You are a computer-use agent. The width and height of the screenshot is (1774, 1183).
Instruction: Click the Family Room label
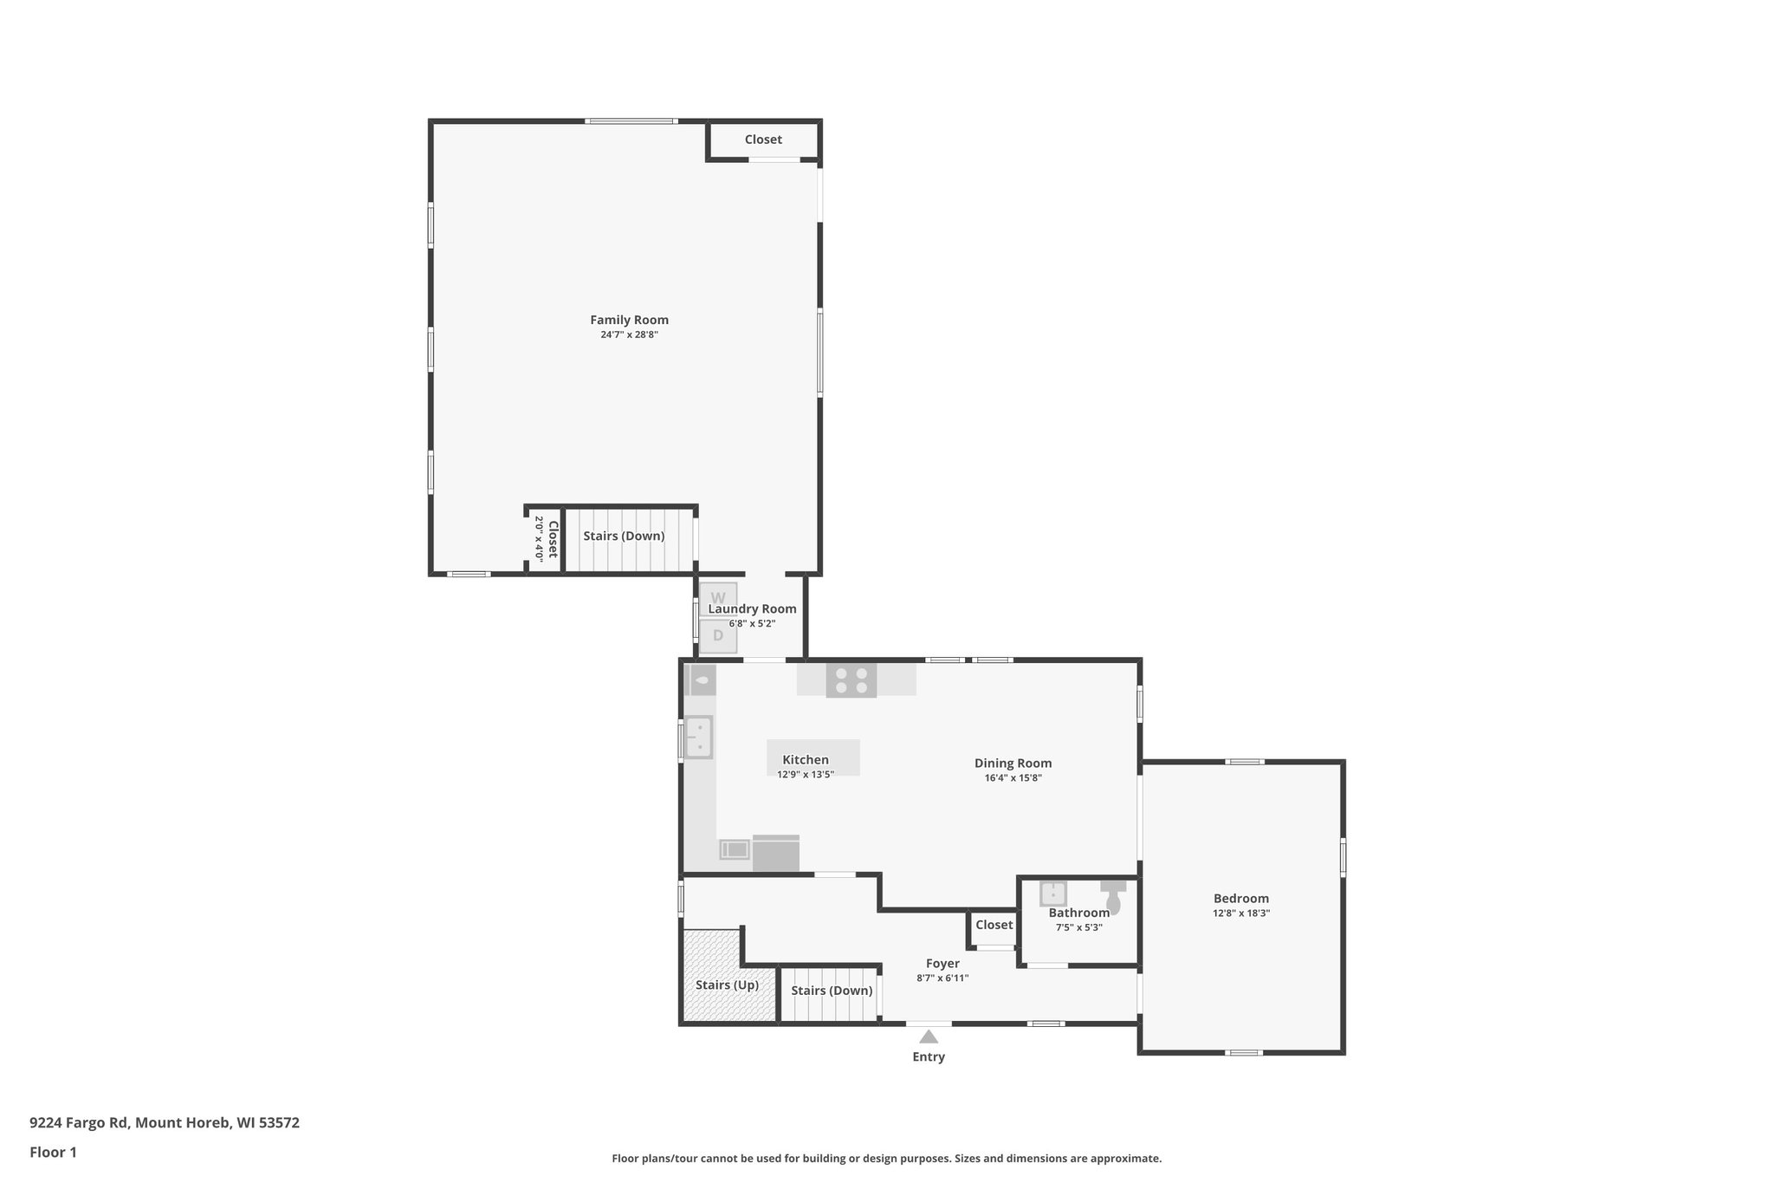point(629,320)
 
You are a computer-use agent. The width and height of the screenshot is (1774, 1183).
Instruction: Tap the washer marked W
point(718,597)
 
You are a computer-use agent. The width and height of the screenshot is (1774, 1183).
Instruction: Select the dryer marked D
point(718,636)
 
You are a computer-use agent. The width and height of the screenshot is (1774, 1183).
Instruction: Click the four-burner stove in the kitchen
point(851,679)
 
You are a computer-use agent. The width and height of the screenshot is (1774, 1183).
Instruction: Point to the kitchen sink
point(698,737)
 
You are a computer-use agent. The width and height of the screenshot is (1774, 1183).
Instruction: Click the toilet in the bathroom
point(1113,897)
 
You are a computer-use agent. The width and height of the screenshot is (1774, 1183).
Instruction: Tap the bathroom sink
point(1053,893)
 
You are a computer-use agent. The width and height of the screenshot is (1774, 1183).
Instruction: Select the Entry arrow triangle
point(929,1037)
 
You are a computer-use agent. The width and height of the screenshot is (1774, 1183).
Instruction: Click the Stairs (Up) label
point(727,985)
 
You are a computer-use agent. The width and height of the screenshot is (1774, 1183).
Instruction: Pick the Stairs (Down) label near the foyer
point(832,991)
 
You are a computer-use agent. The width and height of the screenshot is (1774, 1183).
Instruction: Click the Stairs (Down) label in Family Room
point(624,536)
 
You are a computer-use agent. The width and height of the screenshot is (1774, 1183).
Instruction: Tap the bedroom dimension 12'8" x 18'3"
point(1241,913)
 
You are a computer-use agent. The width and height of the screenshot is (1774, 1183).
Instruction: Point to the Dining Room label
point(1013,764)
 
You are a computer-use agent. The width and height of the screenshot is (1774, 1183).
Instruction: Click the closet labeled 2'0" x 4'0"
point(545,539)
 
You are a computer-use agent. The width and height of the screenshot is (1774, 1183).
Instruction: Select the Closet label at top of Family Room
point(763,140)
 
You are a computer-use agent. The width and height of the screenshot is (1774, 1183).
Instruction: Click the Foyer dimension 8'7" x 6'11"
point(942,978)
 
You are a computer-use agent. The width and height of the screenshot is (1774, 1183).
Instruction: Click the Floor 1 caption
point(53,1153)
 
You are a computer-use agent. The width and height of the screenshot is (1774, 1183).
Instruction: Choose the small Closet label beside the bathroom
point(994,925)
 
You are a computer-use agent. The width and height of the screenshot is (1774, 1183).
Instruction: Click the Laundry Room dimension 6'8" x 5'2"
point(752,623)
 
